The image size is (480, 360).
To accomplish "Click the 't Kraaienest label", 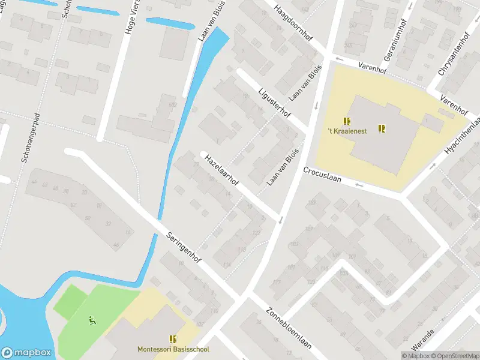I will (347, 131).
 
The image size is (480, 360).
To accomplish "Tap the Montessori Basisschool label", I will (173, 349).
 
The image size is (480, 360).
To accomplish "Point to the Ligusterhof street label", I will (274, 103).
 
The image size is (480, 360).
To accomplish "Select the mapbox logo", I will (26, 352).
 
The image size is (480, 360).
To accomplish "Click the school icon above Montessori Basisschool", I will (173, 340).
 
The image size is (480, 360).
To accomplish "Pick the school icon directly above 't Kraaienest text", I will (347, 121).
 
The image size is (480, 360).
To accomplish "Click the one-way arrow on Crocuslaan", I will (359, 184).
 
